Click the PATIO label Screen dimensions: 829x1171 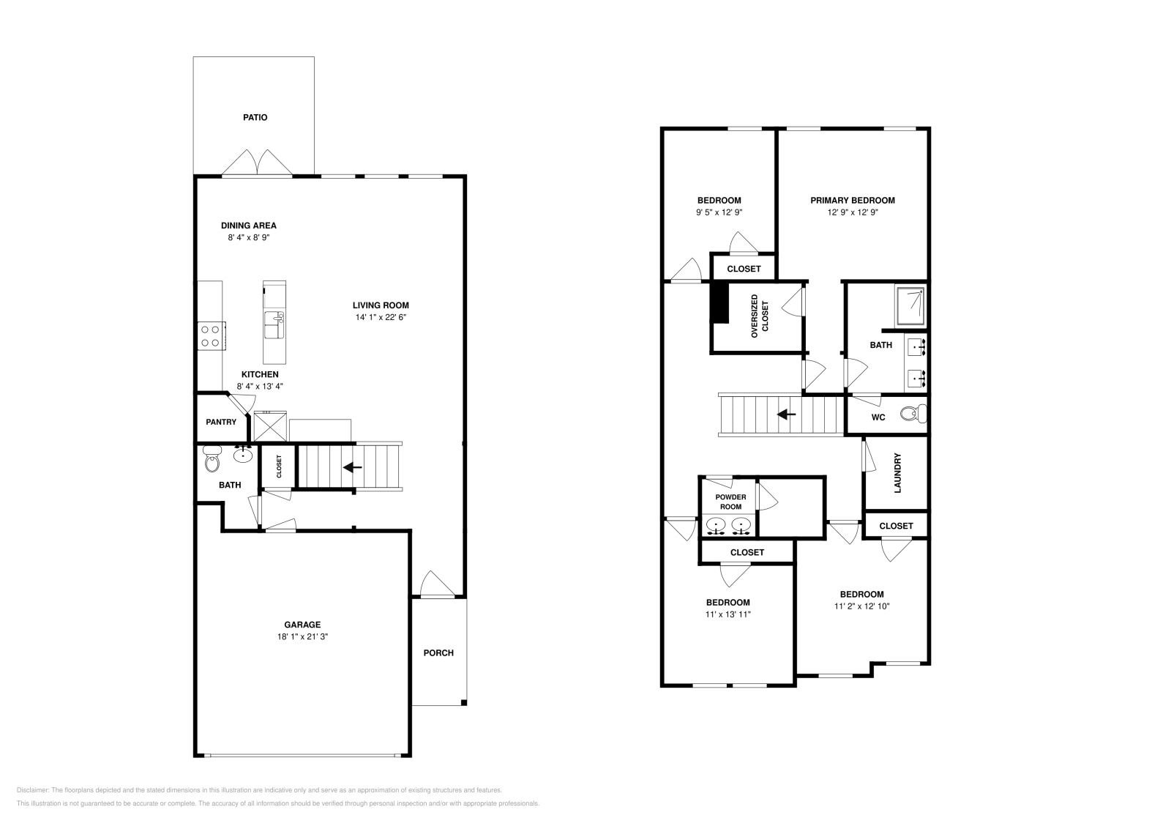pyautogui.click(x=255, y=117)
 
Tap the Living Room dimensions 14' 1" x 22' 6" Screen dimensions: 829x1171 pyautogui.click(x=381, y=318)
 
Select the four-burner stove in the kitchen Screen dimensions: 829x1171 pyautogui.click(x=212, y=336)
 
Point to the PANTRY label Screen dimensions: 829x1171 pyautogui.click(x=221, y=422)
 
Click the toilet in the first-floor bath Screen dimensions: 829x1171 pyautogui.click(x=212, y=461)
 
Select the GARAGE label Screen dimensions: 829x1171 pyautogui.click(x=302, y=625)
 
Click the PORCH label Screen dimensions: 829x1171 pyautogui.click(x=438, y=653)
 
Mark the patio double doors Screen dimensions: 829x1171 pyautogui.click(x=257, y=163)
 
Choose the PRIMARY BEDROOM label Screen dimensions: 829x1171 pyautogui.click(x=852, y=200)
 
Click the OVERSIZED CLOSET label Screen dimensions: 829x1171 pyautogui.click(x=760, y=316)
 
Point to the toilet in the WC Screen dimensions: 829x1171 pyautogui.click(x=911, y=415)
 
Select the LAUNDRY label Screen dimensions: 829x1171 pyautogui.click(x=897, y=472)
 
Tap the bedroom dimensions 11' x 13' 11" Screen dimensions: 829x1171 pyautogui.click(x=727, y=614)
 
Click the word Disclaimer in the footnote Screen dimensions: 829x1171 pyautogui.click(x=31, y=790)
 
